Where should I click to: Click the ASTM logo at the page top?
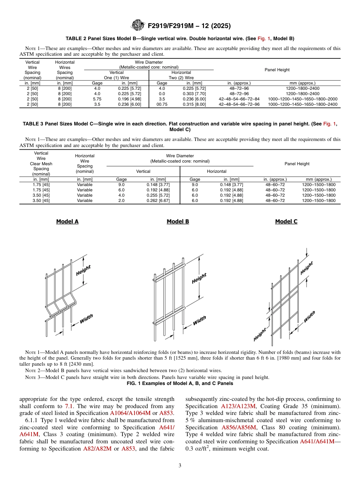click(137, 26)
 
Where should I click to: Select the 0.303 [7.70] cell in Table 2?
click(194, 94)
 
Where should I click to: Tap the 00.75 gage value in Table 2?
click(162, 104)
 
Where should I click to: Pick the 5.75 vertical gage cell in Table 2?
click(97, 99)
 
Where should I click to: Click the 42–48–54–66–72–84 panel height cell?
click(239, 99)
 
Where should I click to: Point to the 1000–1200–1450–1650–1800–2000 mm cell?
click(302, 99)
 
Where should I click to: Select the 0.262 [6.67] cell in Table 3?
click(158, 200)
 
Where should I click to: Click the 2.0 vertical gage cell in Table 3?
click(121, 200)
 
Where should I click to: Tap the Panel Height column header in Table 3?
click(297, 164)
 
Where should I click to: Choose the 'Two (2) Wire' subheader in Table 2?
click(181, 78)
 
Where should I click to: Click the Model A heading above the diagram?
click(67, 222)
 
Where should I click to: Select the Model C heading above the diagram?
click(286, 222)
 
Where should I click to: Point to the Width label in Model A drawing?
click(86, 319)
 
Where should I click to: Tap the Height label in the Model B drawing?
click(199, 278)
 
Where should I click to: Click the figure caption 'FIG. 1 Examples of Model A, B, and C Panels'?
click(180, 383)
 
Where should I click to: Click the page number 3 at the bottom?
click(180, 466)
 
